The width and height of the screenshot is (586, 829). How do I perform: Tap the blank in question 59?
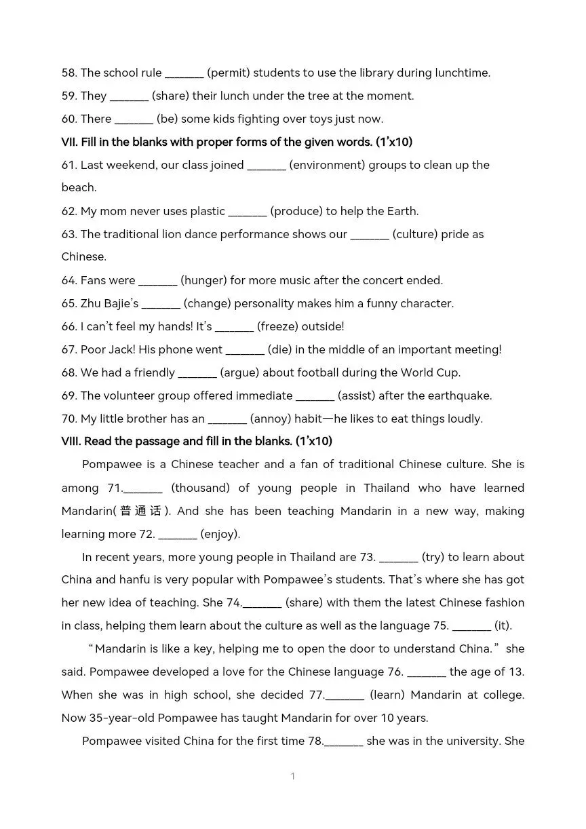[129, 96]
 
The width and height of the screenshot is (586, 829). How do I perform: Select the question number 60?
[69, 119]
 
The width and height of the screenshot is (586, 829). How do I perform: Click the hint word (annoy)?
[271, 419]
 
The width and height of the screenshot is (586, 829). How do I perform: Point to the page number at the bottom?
[293, 776]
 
